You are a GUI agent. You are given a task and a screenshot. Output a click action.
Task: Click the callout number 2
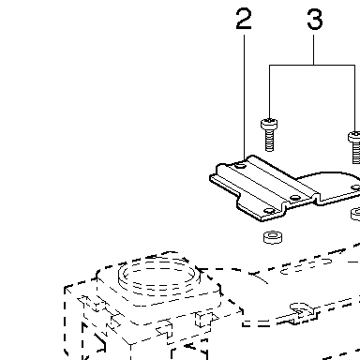[244, 19]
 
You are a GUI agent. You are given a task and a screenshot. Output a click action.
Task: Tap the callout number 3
[315, 19]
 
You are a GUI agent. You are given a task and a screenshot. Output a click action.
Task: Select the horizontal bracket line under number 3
[312, 65]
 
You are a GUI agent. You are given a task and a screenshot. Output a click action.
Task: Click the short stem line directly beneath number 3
[314, 50]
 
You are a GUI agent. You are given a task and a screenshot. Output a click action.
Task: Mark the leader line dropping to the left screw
[269, 92]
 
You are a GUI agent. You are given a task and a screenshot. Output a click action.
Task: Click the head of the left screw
[269, 124]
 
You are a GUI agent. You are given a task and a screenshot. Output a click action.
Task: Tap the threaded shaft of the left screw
[269, 141]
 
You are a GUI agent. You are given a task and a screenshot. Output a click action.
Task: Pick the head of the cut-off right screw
[354, 137]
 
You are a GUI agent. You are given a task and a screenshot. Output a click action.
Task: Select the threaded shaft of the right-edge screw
[356, 153]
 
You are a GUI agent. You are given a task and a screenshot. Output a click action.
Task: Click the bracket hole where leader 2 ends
[241, 165]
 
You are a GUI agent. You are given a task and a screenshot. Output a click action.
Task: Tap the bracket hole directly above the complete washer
[269, 211]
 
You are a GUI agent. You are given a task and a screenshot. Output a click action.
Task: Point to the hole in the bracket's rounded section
[355, 187]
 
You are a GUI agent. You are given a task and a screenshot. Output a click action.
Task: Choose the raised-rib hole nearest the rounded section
[295, 198]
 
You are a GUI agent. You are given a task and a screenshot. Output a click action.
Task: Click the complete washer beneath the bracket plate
[274, 237]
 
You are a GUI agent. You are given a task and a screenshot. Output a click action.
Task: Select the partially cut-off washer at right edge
[355, 214]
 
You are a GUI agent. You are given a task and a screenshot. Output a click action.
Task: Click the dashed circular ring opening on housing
[157, 276]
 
